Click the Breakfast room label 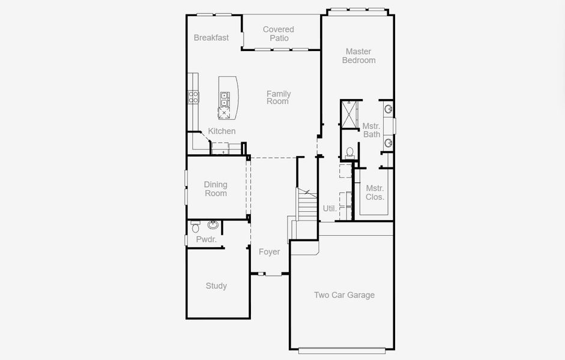click(211, 38)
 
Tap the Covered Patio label click(279, 34)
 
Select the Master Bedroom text click(358, 56)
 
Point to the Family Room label click(278, 97)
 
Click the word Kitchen click(222, 131)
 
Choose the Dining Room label click(216, 189)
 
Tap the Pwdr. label click(206, 240)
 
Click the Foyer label click(269, 252)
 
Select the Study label click(216, 286)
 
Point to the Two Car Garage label click(344, 295)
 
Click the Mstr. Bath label click(372, 130)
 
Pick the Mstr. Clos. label click(375, 193)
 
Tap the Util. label click(330, 209)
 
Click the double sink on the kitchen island click(225, 99)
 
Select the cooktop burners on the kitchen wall click(194, 97)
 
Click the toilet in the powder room click(195, 227)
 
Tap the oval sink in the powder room click(213, 226)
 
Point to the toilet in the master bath click(349, 152)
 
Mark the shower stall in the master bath click(349, 114)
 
